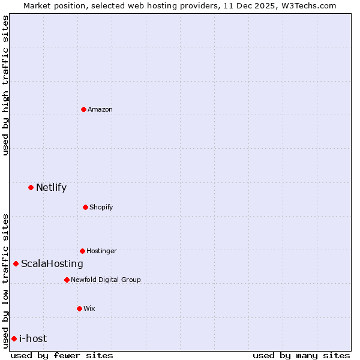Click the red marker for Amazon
click(x=83, y=109)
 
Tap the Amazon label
click(x=100, y=109)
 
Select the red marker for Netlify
click(x=31, y=187)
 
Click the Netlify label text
click(x=51, y=187)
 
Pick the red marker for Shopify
click(x=85, y=207)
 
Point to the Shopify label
click(x=101, y=207)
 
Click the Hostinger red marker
click(x=82, y=251)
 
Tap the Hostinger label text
click(x=101, y=251)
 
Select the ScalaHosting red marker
click(x=16, y=263)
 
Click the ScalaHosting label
click(x=52, y=263)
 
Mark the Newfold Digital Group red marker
click(x=67, y=280)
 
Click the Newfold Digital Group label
click(x=106, y=280)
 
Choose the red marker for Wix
click(x=79, y=308)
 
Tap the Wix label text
click(x=89, y=308)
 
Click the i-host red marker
click(x=14, y=338)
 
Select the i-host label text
click(x=32, y=338)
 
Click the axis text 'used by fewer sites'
click(x=62, y=355)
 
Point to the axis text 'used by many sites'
click(x=301, y=355)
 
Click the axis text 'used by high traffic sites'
click(x=5, y=85)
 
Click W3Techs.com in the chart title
click(x=306, y=5)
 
